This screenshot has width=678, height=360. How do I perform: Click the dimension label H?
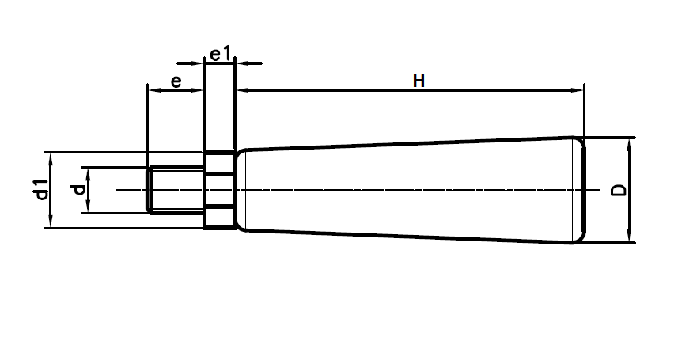[x=419, y=81]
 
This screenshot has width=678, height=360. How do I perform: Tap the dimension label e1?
[x=221, y=54]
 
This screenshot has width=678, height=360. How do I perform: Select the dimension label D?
[x=619, y=190]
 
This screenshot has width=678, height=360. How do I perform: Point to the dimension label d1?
[x=41, y=190]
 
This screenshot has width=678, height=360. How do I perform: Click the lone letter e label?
[x=176, y=81]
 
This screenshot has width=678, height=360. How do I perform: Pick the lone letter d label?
[x=78, y=190]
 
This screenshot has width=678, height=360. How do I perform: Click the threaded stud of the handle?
[x=175, y=190]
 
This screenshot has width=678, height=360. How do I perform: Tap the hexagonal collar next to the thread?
[x=220, y=190]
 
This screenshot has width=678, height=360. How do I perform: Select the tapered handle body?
[x=411, y=190]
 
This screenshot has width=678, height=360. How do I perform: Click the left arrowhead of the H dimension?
[x=243, y=90]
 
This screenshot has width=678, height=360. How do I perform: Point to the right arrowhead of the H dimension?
[x=578, y=90]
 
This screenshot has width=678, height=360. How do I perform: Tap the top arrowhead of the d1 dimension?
[x=51, y=159]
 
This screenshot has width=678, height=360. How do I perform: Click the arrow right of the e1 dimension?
[x=249, y=63]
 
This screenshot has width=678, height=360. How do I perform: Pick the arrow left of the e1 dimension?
[x=190, y=63]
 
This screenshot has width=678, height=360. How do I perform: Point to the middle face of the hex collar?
[x=220, y=190]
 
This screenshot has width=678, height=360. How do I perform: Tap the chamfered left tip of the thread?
[x=149, y=190]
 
